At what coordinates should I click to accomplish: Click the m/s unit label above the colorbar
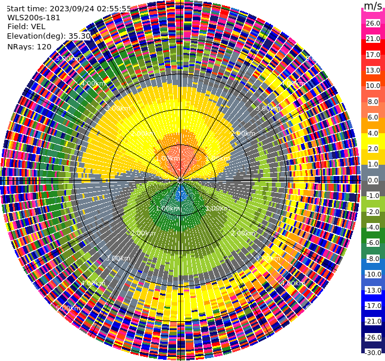pyautogui.click(x=373, y=6)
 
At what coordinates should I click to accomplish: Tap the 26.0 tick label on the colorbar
pyautogui.click(x=373, y=23)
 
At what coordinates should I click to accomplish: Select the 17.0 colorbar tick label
pyautogui.click(x=373, y=55)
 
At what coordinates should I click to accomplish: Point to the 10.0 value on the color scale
pyautogui.click(x=373, y=86)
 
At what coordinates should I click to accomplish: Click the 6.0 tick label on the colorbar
pyautogui.click(x=373, y=117)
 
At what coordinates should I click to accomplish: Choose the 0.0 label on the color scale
pyautogui.click(x=373, y=180)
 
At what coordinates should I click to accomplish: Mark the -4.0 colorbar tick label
pyautogui.click(x=373, y=227)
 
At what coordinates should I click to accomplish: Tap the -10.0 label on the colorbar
pyautogui.click(x=373, y=274)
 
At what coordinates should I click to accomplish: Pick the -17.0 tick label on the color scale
pyautogui.click(x=373, y=306)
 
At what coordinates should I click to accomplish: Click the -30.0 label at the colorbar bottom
pyautogui.click(x=373, y=353)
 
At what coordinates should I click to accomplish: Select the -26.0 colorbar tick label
pyautogui.click(x=373, y=337)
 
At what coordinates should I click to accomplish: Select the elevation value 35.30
pyautogui.click(x=79, y=36)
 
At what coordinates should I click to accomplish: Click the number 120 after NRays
pyautogui.click(x=43, y=46)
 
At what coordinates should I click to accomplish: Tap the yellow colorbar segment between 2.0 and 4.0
pyautogui.click(x=373, y=140)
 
